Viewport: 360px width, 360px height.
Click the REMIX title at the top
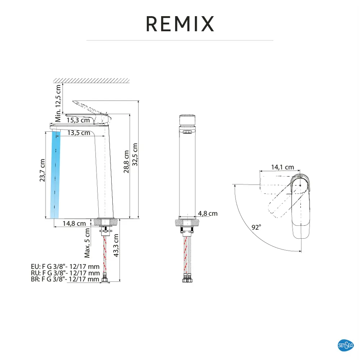pos(180,24)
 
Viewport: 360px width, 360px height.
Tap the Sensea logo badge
pos(346,345)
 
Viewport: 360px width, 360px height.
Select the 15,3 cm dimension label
pos(78,120)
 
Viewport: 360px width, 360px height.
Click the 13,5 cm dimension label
pos(78,133)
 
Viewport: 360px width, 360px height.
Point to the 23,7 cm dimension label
pos(42,170)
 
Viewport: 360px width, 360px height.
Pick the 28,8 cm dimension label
pos(126,161)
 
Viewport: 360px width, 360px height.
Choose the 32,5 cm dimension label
pos(135,154)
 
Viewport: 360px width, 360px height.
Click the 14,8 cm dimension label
pos(74,224)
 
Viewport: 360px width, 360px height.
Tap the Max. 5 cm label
pos(87,243)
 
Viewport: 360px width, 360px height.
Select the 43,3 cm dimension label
pos(116,246)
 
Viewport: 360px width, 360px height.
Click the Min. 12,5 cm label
pos(58,103)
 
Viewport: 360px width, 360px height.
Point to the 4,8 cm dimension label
pos(208,213)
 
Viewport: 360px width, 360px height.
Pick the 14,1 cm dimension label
pos(283,167)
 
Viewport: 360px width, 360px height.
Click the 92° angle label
pos(256,227)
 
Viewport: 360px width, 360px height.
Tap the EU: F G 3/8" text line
pos(65,266)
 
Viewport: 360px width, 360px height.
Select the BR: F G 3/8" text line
pos(65,279)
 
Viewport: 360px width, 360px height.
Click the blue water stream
pos(55,175)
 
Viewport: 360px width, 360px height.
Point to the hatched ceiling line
pos(91,80)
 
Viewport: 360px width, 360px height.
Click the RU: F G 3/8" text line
pos(65,273)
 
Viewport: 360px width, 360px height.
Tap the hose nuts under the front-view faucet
pos(187,280)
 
